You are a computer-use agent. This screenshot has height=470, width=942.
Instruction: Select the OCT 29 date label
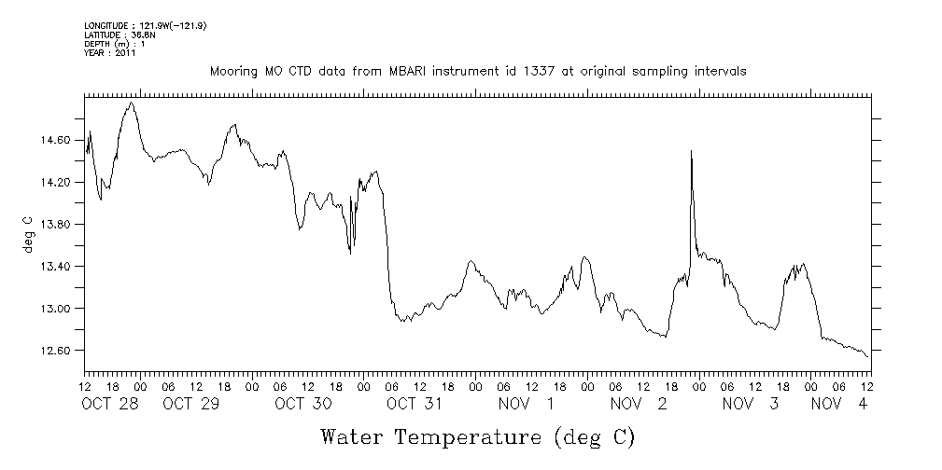pyautogui.click(x=190, y=404)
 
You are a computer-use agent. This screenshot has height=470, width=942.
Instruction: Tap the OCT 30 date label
pyautogui.click(x=303, y=404)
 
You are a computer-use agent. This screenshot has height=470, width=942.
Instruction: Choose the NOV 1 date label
pyautogui.click(x=526, y=404)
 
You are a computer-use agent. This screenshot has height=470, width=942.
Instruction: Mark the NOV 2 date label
pyautogui.click(x=639, y=404)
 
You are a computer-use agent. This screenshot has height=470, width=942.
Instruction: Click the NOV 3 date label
pyautogui.click(x=750, y=404)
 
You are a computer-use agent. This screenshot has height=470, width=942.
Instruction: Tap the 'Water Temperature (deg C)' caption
pyautogui.click(x=477, y=436)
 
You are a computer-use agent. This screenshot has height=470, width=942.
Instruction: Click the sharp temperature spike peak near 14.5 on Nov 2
pyautogui.click(x=691, y=151)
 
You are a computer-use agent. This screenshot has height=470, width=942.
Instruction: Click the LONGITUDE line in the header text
pyautogui.click(x=145, y=25)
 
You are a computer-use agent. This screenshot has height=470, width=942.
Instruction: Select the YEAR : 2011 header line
pyautogui.click(x=110, y=53)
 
